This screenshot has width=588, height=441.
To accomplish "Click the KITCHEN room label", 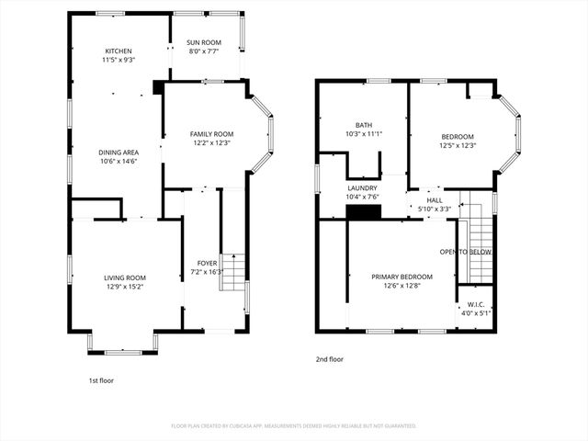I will point(119,51).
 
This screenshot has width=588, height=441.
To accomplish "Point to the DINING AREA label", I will point(119,153).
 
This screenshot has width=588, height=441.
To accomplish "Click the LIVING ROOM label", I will point(124,277).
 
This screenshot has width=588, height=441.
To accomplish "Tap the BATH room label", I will point(364,125).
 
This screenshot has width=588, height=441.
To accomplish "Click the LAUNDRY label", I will point(362,187).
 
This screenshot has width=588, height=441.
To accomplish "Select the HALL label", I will point(435,200).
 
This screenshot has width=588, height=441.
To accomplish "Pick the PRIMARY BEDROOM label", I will point(401,277).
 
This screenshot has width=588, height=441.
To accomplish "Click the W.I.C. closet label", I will point(475,304).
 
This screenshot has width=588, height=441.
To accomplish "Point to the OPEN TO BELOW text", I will point(466,252).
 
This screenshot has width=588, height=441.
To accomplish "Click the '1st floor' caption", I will point(101,379).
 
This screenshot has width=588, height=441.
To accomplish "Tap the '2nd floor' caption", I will point(329,359).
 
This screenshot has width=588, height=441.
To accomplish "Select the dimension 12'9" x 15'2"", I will point(124,287).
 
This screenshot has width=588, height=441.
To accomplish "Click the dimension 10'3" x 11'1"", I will point(364,134).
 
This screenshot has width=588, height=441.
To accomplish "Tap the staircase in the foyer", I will point(235,271).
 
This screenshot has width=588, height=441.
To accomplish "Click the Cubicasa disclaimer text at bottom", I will point(294,426).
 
